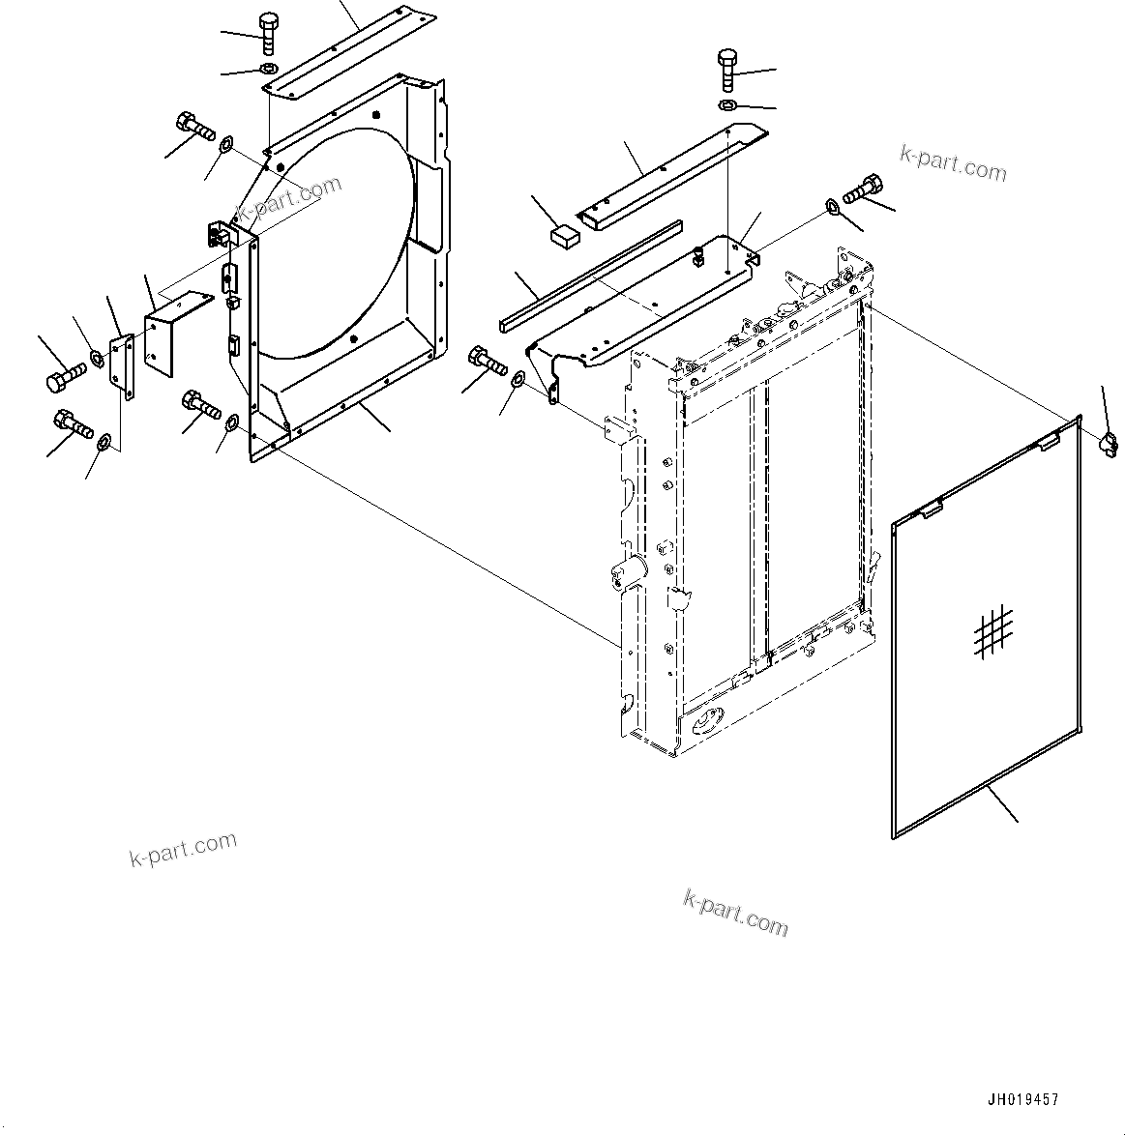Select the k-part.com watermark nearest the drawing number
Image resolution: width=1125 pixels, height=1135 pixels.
pos(735,912)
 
